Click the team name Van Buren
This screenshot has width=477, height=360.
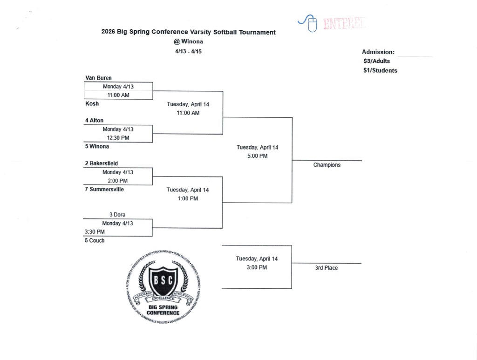tap(98, 78)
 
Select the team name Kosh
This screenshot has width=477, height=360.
tap(92, 103)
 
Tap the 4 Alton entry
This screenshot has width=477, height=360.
tap(94, 120)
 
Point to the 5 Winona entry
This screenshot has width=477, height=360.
tap(96, 146)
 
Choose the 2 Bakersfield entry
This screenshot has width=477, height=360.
tap(101, 163)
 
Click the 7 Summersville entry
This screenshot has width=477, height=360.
tap(104, 189)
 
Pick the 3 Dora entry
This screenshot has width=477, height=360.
tap(117, 215)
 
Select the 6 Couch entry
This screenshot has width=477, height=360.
tap(94, 240)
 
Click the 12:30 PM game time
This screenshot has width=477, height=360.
tap(118, 138)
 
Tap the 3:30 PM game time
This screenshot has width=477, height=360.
tap(95, 231)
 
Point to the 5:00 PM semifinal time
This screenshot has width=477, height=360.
tap(257, 156)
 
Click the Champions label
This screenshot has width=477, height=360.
tap(327, 165)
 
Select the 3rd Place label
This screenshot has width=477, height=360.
tap(326, 268)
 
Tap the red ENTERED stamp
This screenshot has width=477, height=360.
tap(344, 23)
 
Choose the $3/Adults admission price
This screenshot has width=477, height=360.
tap(377, 61)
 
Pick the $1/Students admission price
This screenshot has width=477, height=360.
tap(380, 70)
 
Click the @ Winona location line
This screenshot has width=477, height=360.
tap(188, 41)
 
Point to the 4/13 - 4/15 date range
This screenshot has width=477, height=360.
tap(188, 51)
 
